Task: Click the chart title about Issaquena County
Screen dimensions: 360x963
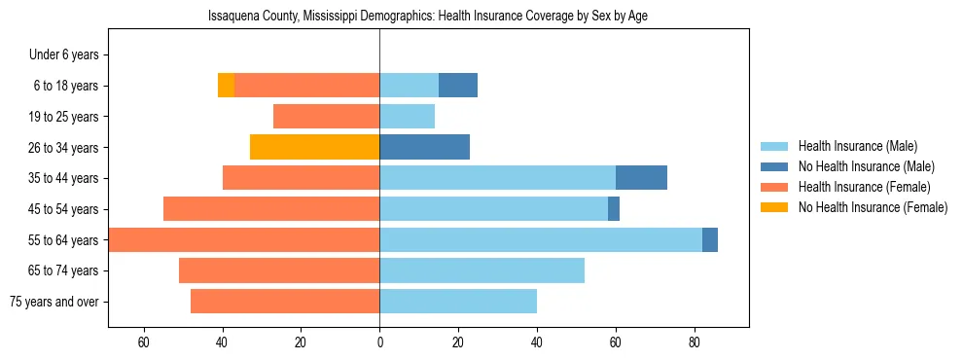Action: (x=428, y=17)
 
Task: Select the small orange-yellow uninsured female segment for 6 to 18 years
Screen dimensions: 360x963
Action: (x=226, y=86)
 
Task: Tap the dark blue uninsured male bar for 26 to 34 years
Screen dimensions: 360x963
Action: (x=424, y=147)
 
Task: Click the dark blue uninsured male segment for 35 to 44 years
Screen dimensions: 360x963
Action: (x=641, y=178)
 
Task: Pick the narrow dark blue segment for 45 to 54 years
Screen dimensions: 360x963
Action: (x=614, y=209)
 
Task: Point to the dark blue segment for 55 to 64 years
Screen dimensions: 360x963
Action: (x=710, y=239)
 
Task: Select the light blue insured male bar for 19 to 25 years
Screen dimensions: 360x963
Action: (x=407, y=117)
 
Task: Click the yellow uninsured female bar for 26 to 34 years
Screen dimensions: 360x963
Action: (x=314, y=147)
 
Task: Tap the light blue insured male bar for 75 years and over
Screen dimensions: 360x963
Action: (x=458, y=302)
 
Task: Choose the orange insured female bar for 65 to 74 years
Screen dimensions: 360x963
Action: (x=279, y=270)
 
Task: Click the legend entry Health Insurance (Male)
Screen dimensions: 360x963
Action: (x=858, y=146)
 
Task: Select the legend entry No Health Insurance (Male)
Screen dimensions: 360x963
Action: (x=866, y=166)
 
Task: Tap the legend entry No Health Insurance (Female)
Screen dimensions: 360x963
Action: (x=873, y=207)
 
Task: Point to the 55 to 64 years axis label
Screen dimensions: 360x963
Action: (x=63, y=240)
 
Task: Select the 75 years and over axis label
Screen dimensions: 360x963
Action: (x=53, y=302)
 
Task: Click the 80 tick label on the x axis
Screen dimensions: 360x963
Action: (x=695, y=342)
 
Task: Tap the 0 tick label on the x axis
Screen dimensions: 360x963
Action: (x=379, y=342)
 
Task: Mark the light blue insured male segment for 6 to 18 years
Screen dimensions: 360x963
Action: (x=409, y=86)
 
